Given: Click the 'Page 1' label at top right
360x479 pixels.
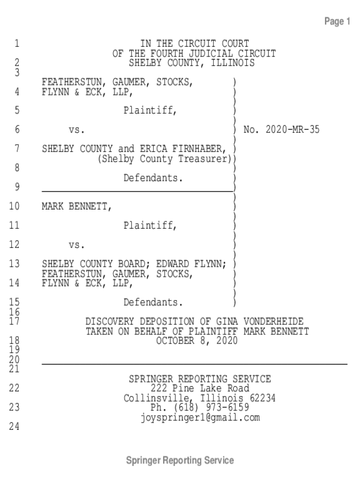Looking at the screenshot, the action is tap(337, 22).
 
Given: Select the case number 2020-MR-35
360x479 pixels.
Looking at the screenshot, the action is tap(292, 130).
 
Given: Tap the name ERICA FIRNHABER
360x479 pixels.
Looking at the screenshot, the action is tap(183, 149).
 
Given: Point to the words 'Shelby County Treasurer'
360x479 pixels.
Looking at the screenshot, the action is tap(165, 159).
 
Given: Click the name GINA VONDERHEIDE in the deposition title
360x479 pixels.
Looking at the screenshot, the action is tap(260, 322).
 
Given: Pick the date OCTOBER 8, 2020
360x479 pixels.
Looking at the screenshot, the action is tap(197, 341).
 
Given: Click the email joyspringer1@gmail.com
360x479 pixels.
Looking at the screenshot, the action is tap(200, 417).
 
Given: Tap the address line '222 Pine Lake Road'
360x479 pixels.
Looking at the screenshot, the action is tap(200, 388).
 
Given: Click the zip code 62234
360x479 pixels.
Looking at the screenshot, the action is tap(263, 398).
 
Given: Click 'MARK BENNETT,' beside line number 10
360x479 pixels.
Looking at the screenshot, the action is tap(77, 206).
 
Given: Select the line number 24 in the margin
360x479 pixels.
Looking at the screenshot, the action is tap(14, 427).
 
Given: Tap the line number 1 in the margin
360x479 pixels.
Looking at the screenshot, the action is tap(17, 44).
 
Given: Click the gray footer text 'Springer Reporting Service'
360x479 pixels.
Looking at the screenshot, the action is tap(180, 460).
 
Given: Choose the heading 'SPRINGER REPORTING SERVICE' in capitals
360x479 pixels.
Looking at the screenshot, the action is tap(200, 379).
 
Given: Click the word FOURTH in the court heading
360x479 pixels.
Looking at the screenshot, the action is tap(164, 54).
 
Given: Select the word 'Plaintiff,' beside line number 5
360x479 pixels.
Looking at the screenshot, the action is tap(150, 110).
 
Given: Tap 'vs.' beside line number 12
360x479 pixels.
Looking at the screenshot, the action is tap(77, 245).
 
